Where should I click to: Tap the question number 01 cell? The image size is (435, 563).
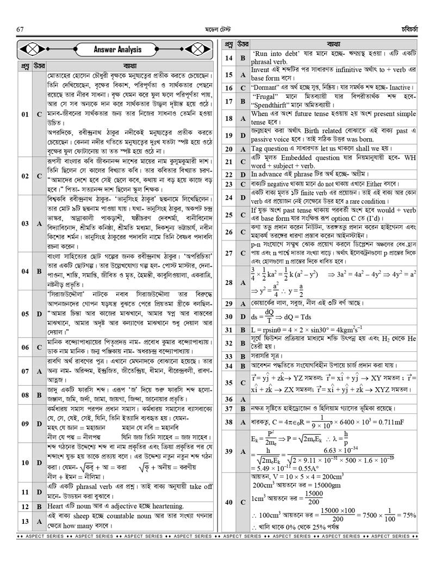[25, 115]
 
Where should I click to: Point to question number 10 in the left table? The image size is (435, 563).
[25, 462]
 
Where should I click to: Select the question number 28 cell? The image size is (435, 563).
[228, 282]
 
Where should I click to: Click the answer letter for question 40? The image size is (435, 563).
[243, 502]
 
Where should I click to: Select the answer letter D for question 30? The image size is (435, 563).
[243, 317]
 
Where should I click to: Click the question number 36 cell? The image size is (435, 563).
[228, 399]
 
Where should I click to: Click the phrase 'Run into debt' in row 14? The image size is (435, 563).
[277, 54]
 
